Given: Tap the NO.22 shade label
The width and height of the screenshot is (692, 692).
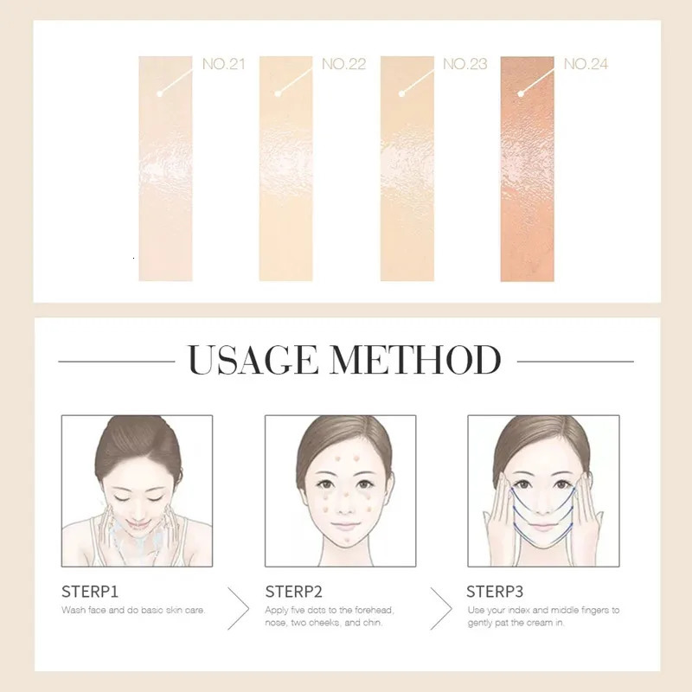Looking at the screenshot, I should [343, 64].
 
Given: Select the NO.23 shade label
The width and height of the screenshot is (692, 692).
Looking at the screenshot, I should [465, 64].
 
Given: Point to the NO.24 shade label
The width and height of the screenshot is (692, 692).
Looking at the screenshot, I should [586, 64].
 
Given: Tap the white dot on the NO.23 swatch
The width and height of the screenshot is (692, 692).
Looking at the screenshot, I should [400, 93].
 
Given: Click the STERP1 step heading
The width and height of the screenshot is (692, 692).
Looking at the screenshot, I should [88, 593].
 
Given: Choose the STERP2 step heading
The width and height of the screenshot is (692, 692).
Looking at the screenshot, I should [292, 593].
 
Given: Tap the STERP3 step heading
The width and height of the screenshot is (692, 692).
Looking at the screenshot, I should [495, 593].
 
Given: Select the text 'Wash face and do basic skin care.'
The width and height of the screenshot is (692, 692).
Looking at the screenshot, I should [133, 611].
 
